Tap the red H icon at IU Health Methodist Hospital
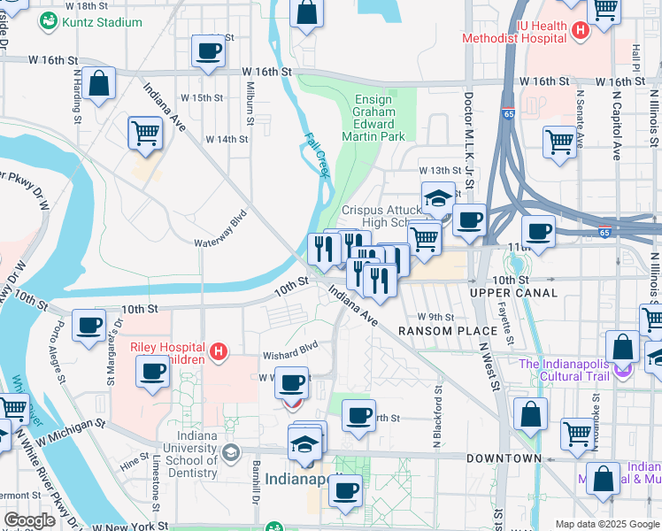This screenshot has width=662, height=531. [x=581, y=32]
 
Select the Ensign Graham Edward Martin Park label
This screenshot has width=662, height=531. [x=379, y=119]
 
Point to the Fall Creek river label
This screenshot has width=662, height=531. [x=317, y=156]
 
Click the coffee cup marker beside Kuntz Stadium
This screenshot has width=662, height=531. [x=208, y=51]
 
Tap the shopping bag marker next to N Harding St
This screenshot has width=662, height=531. [x=101, y=84]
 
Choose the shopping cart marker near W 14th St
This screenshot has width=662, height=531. [x=145, y=133]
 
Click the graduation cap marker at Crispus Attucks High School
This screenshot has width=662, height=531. [x=438, y=198]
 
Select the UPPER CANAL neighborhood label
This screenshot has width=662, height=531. [x=513, y=293]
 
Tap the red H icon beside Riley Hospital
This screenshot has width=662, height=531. [x=219, y=354]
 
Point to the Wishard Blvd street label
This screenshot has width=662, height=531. [x=289, y=355]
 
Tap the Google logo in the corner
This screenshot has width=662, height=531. [x=30, y=520]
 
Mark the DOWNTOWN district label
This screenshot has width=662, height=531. [x=504, y=458]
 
